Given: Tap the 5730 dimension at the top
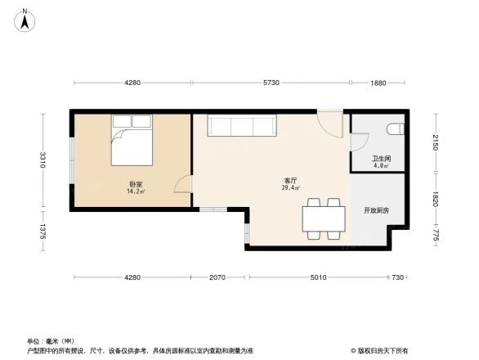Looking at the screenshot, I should [x=271, y=83].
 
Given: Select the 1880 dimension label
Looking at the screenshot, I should [x=377, y=83].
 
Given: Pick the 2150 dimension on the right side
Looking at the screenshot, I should [x=436, y=142].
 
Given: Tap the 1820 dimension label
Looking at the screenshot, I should [x=436, y=198].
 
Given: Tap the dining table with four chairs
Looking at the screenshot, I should [x=323, y=218].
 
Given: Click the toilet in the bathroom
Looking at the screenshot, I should [x=396, y=128].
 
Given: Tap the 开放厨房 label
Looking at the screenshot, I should [x=377, y=210].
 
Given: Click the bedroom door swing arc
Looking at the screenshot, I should [x=183, y=185].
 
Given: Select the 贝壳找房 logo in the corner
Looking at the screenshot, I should [x=381, y=349].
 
